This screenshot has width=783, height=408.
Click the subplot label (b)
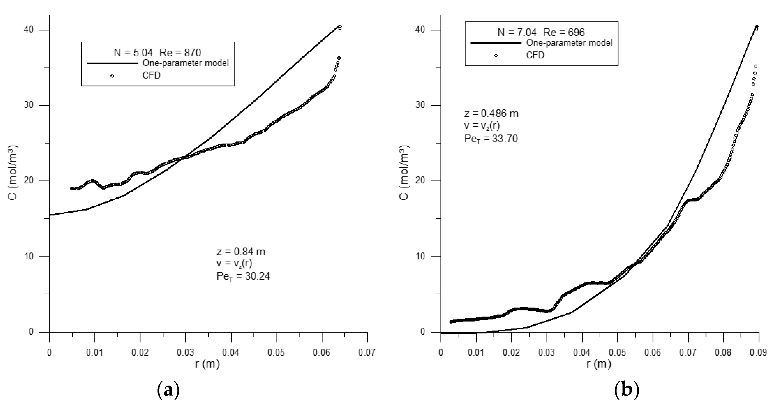click(x=626, y=390)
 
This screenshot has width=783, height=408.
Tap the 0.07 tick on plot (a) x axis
click(x=367, y=353)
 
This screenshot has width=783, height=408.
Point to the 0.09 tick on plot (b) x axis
click(x=758, y=353)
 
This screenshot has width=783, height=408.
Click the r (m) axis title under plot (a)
click(x=207, y=364)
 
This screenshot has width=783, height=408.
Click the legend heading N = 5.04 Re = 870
click(x=157, y=53)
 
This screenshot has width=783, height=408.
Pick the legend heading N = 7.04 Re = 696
click(x=541, y=32)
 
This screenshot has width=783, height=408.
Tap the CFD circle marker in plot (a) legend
click(x=112, y=76)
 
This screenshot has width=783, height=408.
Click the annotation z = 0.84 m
click(x=240, y=252)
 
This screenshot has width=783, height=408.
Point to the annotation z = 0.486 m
click(x=491, y=114)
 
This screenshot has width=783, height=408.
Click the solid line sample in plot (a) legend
click(x=112, y=63)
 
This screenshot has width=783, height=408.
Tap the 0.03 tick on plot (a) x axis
click(x=185, y=353)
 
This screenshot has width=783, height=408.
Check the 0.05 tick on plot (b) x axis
click(x=617, y=353)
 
